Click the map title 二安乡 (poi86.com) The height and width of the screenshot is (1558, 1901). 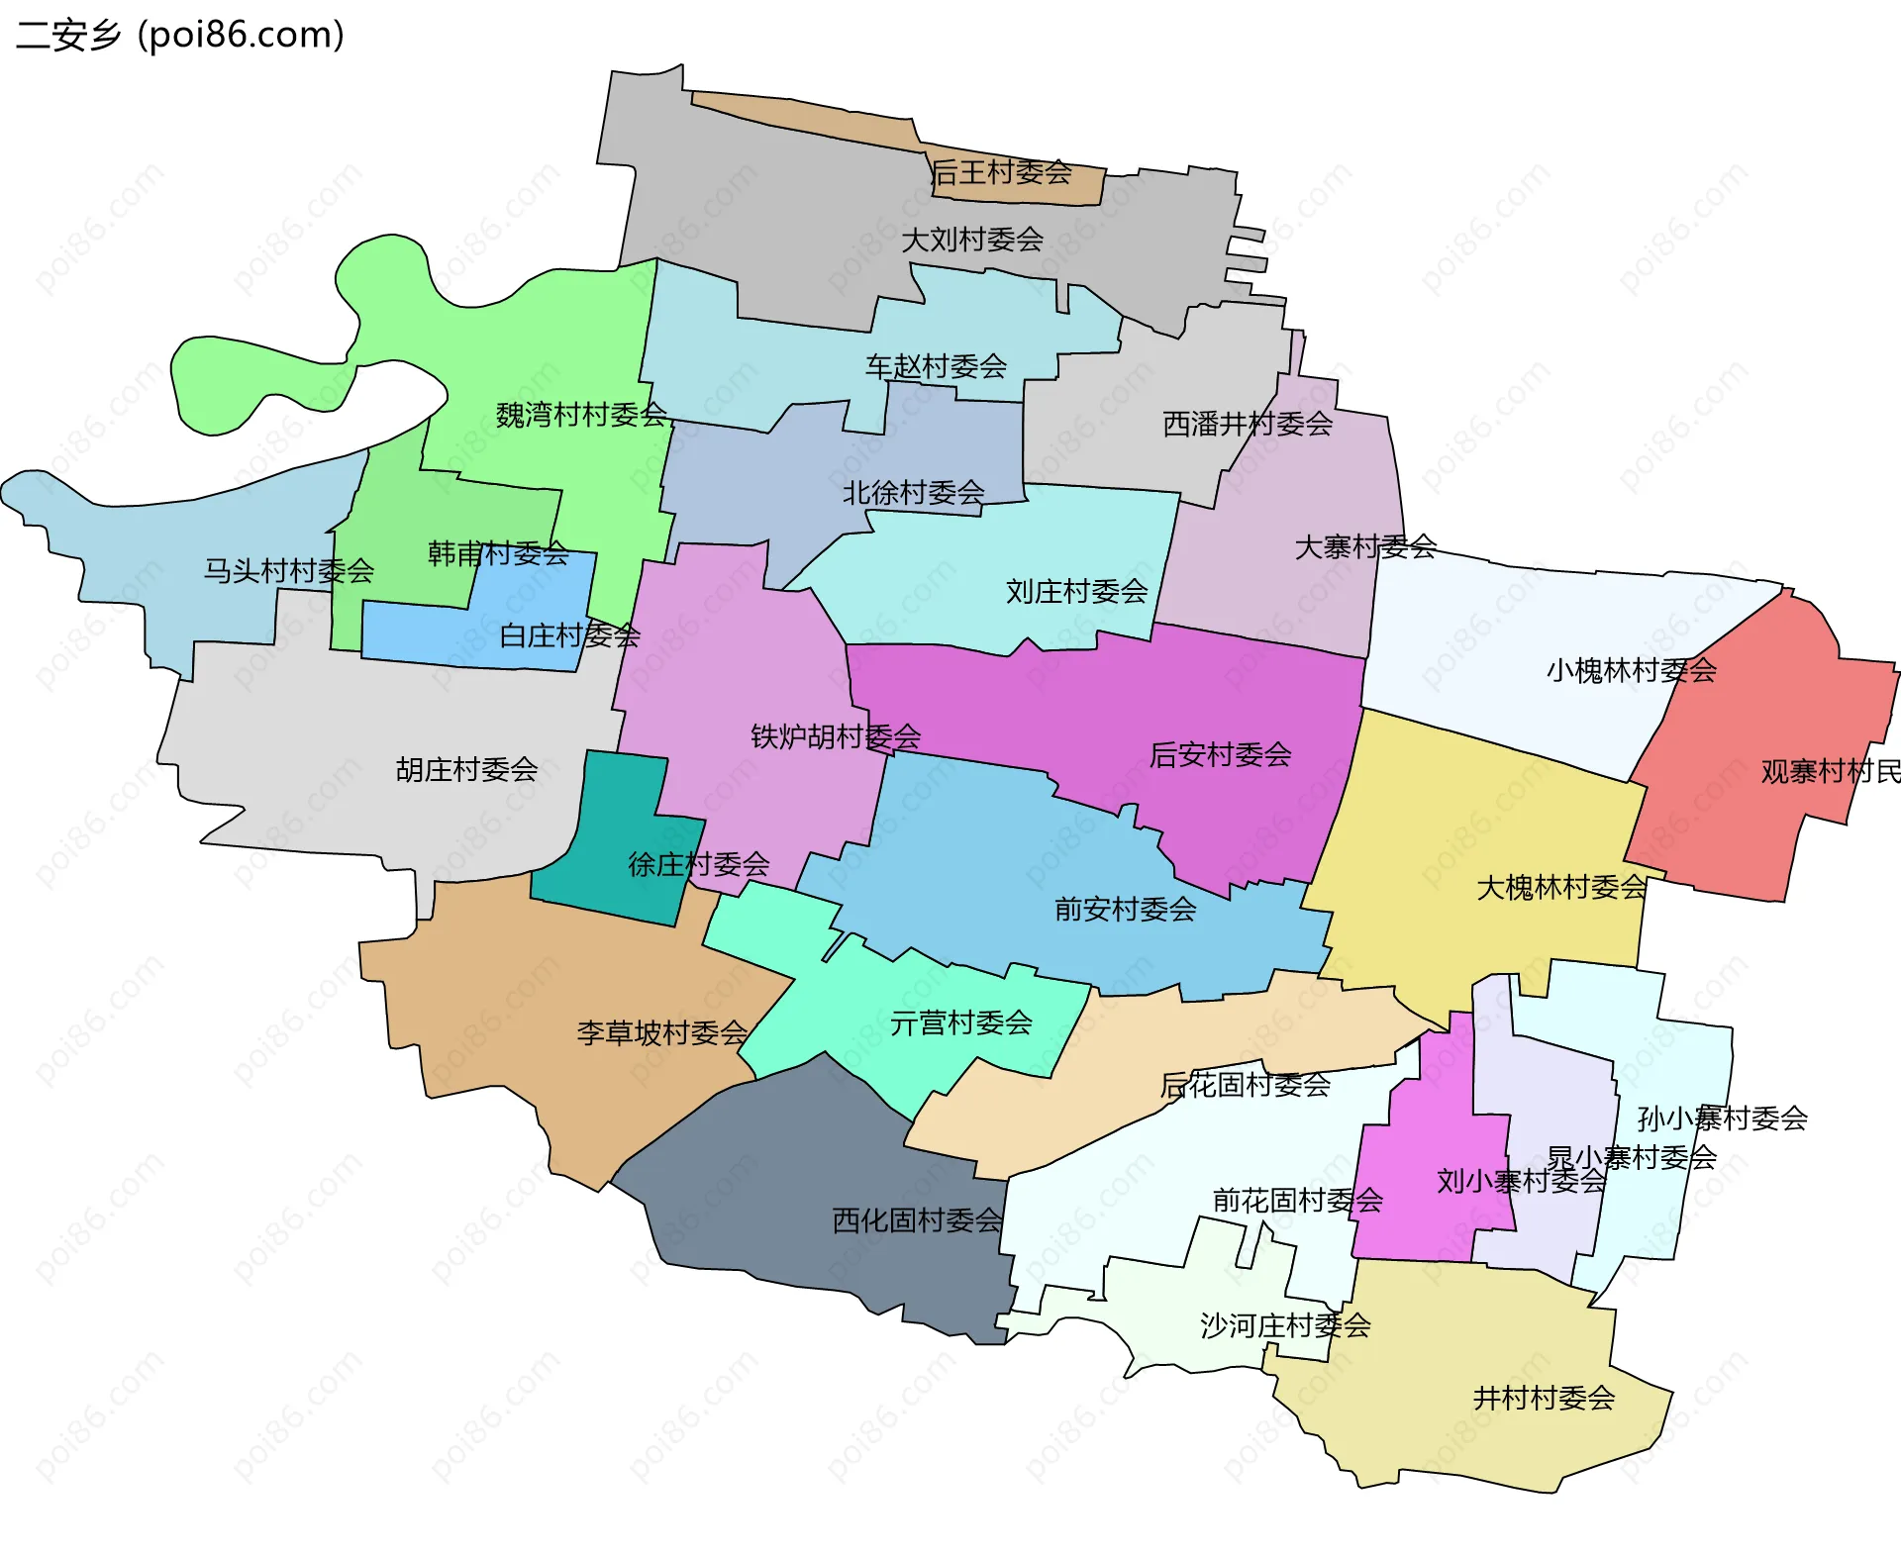[x=180, y=36]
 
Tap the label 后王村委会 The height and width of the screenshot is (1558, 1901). [x=1002, y=173]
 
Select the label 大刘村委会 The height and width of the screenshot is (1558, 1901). [x=972, y=240]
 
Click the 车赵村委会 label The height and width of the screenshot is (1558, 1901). [x=936, y=367]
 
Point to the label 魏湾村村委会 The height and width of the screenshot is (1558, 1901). [x=581, y=415]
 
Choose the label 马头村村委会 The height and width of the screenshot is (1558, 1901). [x=288, y=571]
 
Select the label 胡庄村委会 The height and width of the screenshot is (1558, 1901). [x=466, y=770]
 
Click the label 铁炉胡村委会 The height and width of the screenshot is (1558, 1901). [x=836, y=736]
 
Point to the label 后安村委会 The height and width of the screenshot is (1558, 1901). [x=1220, y=755]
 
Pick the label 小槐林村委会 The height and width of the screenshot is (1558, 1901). [x=1631, y=671]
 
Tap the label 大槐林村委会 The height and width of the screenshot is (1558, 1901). [x=1561, y=888]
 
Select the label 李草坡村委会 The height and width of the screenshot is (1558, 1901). [x=662, y=1033]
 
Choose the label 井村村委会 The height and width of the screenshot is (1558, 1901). [x=1544, y=1399]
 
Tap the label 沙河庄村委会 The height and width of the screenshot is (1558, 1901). [x=1285, y=1325]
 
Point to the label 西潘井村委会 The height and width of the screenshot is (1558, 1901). [x=1248, y=425]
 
